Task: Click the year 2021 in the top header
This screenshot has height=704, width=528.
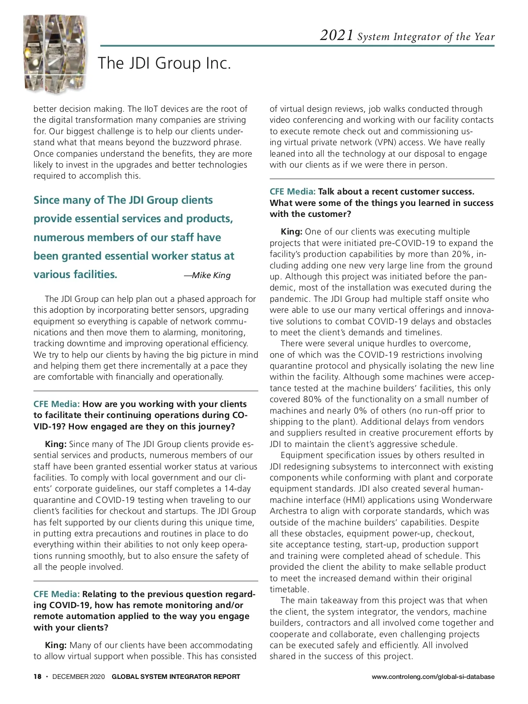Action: [x=337, y=35]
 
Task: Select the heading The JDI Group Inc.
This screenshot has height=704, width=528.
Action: [x=164, y=63]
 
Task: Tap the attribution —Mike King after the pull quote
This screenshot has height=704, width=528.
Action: [x=207, y=275]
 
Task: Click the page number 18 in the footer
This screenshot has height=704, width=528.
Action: [x=37, y=677]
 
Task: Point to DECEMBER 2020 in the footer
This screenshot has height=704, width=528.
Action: [x=78, y=677]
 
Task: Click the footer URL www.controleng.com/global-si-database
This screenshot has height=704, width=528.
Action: [x=433, y=677]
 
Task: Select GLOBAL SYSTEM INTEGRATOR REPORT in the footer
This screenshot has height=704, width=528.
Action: [x=176, y=677]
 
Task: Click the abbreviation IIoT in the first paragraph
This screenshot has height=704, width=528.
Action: [x=150, y=109]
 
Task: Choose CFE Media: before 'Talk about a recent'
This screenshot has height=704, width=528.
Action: [x=293, y=192]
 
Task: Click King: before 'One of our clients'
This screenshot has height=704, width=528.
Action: [x=291, y=232]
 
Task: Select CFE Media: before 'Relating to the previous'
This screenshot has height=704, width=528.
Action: [x=56, y=594]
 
